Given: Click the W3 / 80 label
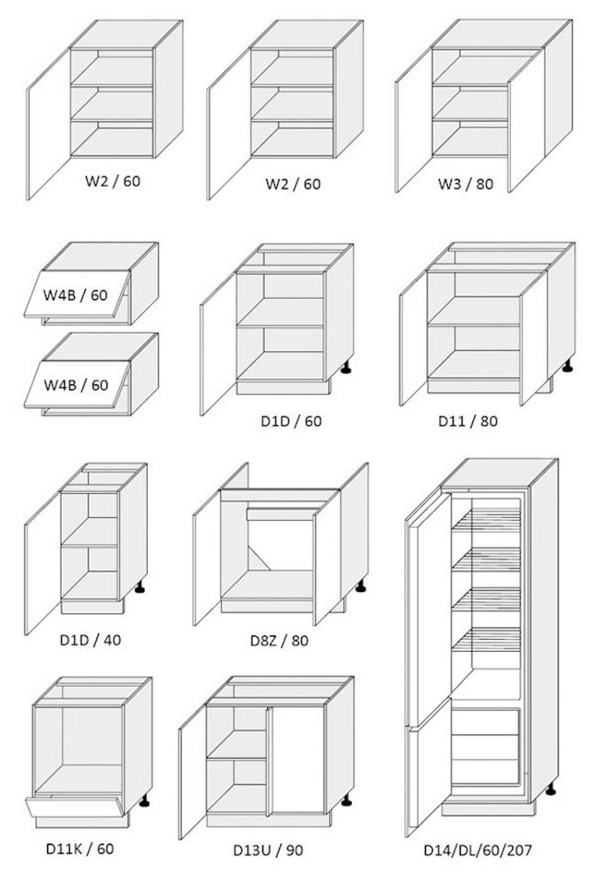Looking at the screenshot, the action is point(465,184).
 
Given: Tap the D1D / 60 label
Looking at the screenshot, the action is point(291,421).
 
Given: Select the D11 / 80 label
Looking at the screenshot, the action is point(468,421).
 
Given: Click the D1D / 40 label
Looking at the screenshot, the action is point(90,640).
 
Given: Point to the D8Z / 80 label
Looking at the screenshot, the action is point(279,641).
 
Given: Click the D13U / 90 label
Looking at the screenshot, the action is point(268,850).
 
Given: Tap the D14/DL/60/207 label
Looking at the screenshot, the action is point(477,850).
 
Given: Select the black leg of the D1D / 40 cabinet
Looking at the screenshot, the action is point(141,587).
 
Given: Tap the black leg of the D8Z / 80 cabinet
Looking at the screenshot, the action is point(360,587).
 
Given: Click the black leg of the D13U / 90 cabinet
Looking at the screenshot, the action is point(347,800).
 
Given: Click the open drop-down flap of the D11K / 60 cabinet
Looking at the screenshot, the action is point(74,806).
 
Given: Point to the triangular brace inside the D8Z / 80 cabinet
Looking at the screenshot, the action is point(257,558).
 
